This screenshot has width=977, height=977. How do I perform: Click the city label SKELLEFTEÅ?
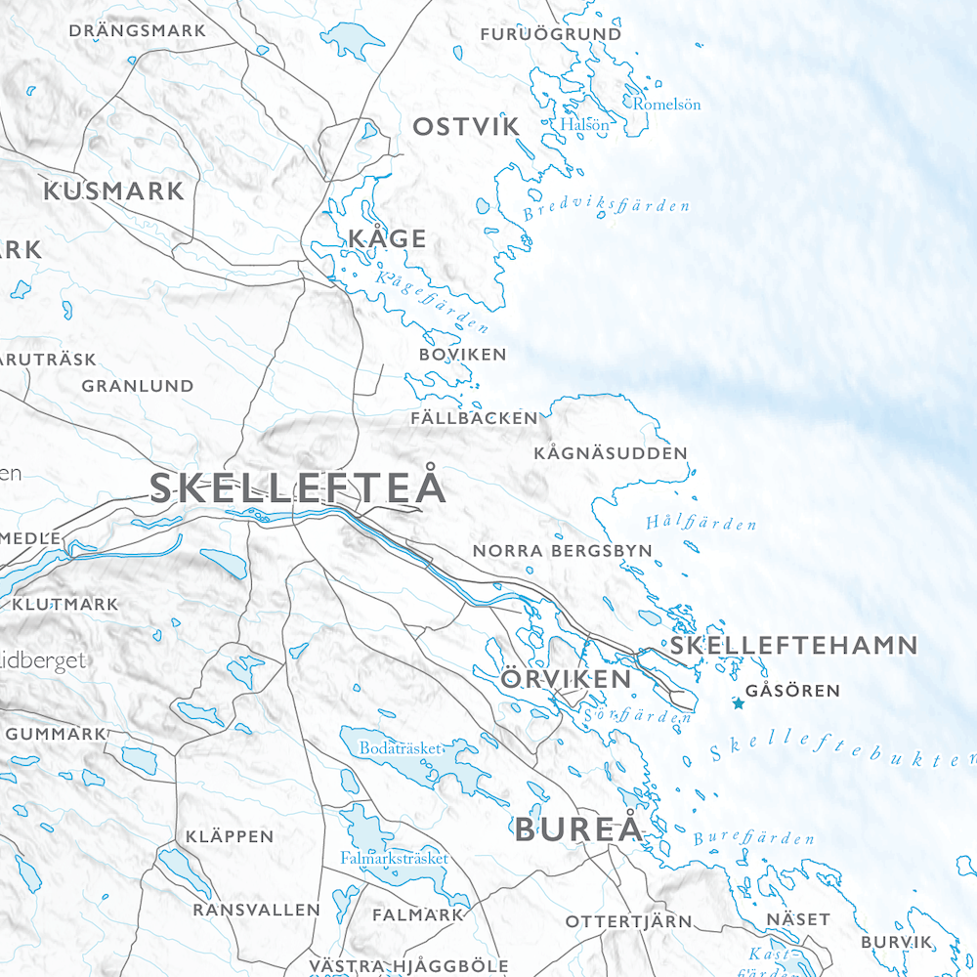(x=297, y=488)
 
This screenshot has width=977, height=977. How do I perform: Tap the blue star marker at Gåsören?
(x=739, y=703)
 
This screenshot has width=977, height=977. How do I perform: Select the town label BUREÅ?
(x=579, y=830)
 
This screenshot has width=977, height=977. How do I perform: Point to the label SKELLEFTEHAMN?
(x=793, y=646)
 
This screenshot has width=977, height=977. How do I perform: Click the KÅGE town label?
(x=387, y=238)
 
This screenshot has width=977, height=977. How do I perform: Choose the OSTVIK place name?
(x=466, y=127)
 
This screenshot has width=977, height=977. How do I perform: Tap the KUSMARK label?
(x=113, y=191)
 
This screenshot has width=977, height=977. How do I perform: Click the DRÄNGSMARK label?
(x=138, y=31)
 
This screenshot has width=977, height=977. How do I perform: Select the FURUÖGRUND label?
(x=551, y=34)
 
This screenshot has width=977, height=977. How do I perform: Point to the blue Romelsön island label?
(x=667, y=104)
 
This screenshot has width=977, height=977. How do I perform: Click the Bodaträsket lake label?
(x=402, y=747)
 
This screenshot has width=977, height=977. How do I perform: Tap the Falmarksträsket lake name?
(x=394, y=858)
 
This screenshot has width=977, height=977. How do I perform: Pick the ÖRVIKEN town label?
(x=566, y=679)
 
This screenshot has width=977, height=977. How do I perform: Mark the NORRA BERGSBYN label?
(x=562, y=551)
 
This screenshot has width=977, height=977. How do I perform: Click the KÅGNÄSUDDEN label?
(x=611, y=453)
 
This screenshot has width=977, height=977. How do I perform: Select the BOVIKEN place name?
(x=462, y=355)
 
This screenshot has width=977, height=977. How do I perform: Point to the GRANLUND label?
(x=138, y=386)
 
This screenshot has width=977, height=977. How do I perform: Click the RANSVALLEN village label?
(x=256, y=910)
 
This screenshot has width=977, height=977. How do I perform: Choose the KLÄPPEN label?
(x=230, y=836)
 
